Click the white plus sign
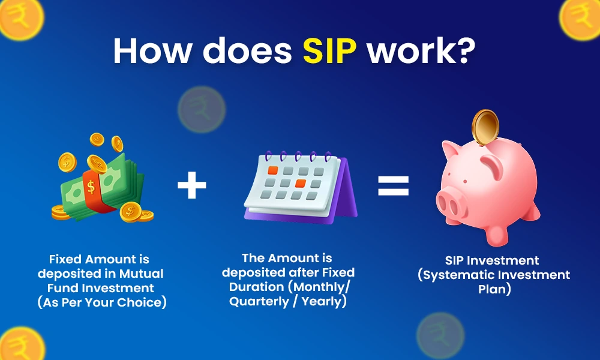192,187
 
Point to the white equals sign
393,186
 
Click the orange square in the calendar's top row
272,170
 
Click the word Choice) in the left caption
143,302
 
